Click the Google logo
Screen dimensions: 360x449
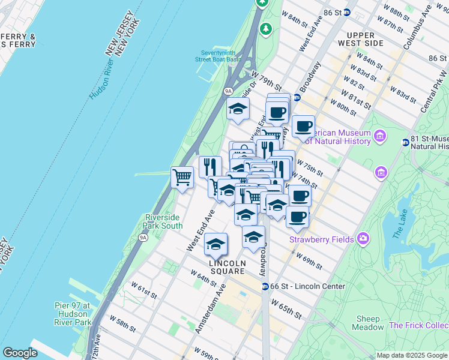click(x=20, y=353)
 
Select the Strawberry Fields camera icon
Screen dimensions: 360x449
click(x=363, y=239)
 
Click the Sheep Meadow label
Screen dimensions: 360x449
click(x=369, y=323)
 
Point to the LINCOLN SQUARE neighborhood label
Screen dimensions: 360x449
click(x=228, y=268)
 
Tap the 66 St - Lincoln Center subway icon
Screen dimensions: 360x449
click(x=265, y=286)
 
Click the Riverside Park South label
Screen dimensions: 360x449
click(x=163, y=221)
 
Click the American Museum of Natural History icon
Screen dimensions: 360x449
click(x=379, y=136)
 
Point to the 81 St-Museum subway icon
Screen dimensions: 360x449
click(x=406, y=142)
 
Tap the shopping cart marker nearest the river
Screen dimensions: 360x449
click(x=182, y=177)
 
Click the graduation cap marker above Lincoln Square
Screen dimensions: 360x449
click(x=216, y=244)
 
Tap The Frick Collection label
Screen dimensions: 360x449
click(x=419, y=325)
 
